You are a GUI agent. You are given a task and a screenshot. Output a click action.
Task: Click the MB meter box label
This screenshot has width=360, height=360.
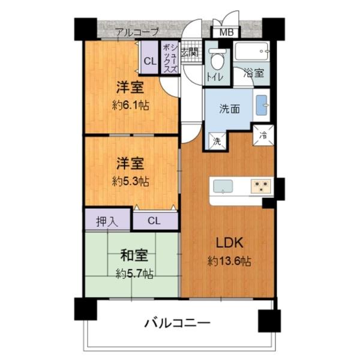pyautogui.click(x=226, y=33)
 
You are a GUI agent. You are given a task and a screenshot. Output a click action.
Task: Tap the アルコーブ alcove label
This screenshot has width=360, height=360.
pyautogui.click(x=137, y=31)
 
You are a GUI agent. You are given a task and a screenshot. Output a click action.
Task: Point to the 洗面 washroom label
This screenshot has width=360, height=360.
pyautogui.click(x=229, y=109)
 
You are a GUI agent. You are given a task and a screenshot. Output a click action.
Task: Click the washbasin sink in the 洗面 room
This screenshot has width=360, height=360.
pyautogui.click(x=262, y=105)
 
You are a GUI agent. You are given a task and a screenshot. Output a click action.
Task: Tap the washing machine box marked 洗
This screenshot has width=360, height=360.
pyautogui.click(x=217, y=142)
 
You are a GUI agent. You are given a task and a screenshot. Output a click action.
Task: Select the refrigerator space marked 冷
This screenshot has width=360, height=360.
pyautogui.click(x=265, y=136)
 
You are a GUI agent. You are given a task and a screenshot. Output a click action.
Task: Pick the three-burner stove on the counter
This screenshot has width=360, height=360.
pyautogui.click(x=261, y=186)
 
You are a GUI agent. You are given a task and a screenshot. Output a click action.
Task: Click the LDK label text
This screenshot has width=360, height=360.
pyautogui.click(x=229, y=244)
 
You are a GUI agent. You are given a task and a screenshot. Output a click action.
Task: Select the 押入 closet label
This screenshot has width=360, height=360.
pyautogui.click(x=107, y=221)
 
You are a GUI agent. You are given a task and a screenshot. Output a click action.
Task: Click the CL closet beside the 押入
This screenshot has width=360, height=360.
pyautogui.click(x=154, y=221)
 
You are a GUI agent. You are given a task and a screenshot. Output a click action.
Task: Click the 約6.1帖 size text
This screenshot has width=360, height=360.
pyautogui.click(x=130, y=104)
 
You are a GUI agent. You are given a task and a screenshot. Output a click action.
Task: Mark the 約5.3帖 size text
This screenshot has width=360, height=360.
pyautogui.click(x=130, y=181)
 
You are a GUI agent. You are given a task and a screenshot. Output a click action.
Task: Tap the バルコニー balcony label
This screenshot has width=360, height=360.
pyautogui.click(x=177, y=323)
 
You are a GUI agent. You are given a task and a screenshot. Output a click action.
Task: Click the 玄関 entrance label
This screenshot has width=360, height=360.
pyautogui.click(x=190, y=53)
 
